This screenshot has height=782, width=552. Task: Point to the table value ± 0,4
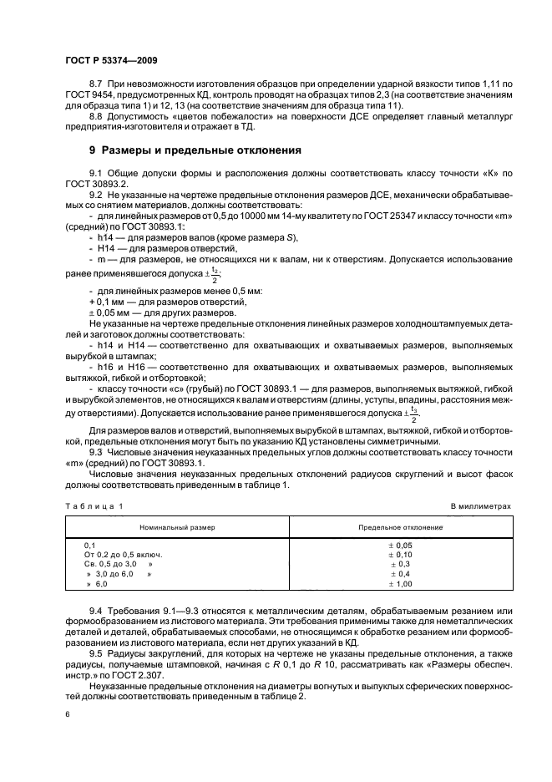click(401, 575)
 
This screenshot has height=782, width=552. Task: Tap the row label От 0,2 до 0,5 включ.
click(123, 554)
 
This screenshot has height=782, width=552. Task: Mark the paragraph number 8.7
click(95, 86)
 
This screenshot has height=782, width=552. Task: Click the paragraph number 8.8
click(95, 117)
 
